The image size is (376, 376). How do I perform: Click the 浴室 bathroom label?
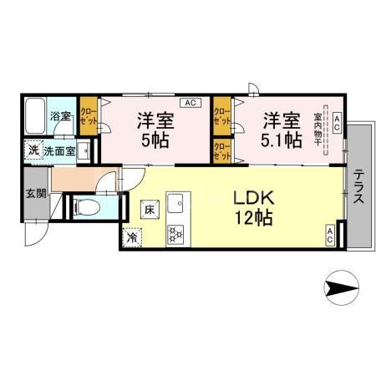coord(59,115)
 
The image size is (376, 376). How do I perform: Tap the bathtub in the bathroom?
coord(36,115)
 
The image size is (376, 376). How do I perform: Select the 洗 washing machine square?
coord(32,150)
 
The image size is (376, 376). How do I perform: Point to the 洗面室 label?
coord(60,150)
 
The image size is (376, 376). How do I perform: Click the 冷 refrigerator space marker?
coord(132,237)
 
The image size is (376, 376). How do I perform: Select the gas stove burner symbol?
coord(175,236)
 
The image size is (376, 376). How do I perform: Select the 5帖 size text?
coord(155,140)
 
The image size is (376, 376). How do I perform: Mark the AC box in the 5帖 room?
coord(190,103)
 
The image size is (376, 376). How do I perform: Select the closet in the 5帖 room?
coord(89,115)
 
